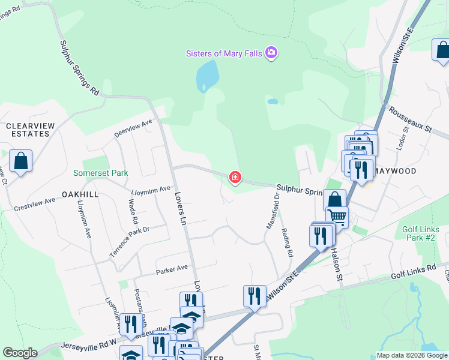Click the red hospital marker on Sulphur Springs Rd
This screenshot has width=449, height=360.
click(235, 178)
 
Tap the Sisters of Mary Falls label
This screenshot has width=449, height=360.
click(223, 54)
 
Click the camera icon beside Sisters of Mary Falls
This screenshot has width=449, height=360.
click(271, 53)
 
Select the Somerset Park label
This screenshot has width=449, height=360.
click(101, 173)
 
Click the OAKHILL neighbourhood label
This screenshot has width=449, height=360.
click(80, 195)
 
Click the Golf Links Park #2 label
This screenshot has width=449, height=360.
click(418, 233)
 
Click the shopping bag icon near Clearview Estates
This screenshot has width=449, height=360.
click(20, 161)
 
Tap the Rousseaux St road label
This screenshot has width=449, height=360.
click(411, 120)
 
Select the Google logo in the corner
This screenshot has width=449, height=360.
click(20, 353)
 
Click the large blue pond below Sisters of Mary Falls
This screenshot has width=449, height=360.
click(206, 74)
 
